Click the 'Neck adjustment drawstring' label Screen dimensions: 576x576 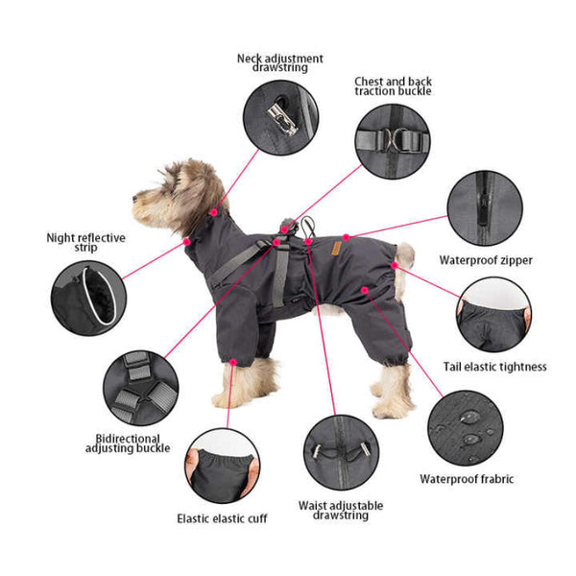(x=280, y=63)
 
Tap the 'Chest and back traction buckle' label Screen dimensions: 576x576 (x=393, y=86)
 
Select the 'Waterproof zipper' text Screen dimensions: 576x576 (x=486, y=259)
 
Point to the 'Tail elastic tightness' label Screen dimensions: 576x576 (x=494, y=366)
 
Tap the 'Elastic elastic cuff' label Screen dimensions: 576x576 (x=222, y=518)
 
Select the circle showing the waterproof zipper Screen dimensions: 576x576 (x=486, y=209)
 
